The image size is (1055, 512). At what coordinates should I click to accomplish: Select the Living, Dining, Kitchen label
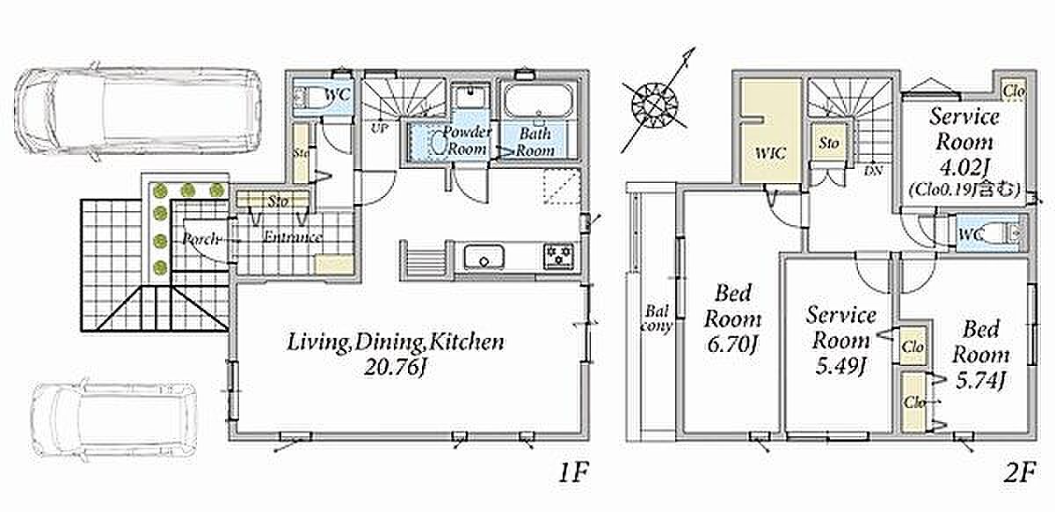coord(396,342)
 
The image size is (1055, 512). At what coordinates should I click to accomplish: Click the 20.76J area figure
coord(396,368)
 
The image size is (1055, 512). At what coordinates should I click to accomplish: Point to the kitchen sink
coord(484,257)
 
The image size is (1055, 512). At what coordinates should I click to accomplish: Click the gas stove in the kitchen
coord(559,257)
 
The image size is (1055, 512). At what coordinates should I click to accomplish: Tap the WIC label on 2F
coord(770,153)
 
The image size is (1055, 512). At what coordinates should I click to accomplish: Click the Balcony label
coord(658,318)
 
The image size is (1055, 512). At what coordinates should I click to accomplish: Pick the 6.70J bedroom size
coord(731,345)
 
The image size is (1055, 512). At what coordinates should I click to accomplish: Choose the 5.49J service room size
coord(840,366)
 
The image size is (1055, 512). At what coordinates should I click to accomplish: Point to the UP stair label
coord(379,128)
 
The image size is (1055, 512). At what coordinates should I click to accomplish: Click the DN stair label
coord(873,171)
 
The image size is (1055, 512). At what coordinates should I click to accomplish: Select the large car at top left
coord(137,113)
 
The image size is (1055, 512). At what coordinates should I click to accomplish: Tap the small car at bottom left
coord(115,419)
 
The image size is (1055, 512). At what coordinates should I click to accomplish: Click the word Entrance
coord(292,238)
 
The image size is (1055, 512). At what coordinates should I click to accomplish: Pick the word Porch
coord(201,239)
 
